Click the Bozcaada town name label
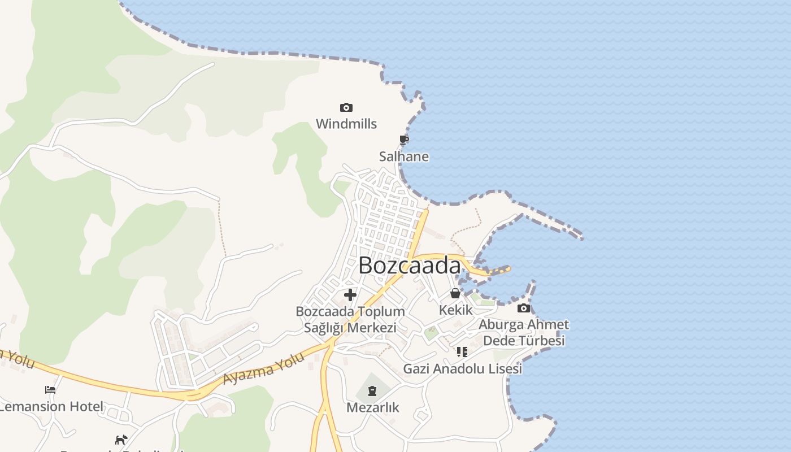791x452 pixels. (x=410, y=266)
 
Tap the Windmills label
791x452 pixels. (x=346, y=124)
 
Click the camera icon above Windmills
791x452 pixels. (x=346, y=107)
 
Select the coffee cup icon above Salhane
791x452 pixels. (x=404, y=140)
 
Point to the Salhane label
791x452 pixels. (x=404, y=157)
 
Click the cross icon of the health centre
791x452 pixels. (x=350, y=294)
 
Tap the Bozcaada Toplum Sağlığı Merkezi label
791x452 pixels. (x=350, y=319)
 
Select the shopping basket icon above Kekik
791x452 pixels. (x=455, y=293)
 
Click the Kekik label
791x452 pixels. (x=455, y=310)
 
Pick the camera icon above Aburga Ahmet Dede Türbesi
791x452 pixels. (x=524, y=308)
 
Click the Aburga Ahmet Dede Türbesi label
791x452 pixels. (x=523, y=333)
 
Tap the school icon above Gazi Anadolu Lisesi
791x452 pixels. (x=462, y=352)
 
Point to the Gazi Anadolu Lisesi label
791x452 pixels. (x=462, y=369)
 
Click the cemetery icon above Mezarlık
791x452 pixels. (x=372, y=390)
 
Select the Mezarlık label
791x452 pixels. (x=373, y=407)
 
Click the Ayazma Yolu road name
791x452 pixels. (x=264, y=368)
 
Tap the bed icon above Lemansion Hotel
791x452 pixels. (x=50, y=389)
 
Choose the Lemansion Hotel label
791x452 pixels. (x=52, y=406)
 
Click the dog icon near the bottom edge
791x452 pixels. (x=121, y=440)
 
